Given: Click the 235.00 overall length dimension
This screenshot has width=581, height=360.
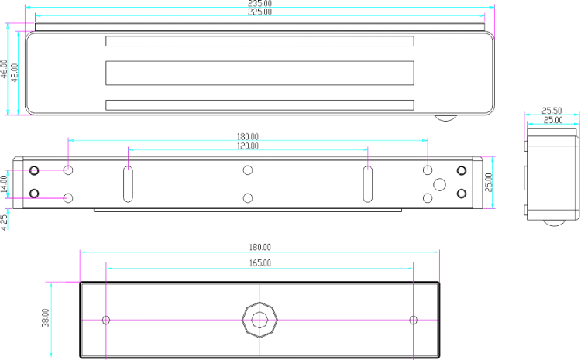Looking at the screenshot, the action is [x=260, y=3].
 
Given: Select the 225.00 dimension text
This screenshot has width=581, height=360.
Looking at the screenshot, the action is [x=260, y=12].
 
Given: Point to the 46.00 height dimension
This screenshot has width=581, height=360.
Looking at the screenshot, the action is [x=4, y=69].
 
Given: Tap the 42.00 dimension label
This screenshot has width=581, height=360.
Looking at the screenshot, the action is [x=15, y=73].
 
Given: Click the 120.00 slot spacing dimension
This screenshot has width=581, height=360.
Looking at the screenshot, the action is [x=248, y=146].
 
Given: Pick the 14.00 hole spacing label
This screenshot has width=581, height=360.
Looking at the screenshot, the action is [x=4, y=184].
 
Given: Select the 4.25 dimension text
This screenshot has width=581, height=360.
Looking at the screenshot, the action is [x=4, y=223].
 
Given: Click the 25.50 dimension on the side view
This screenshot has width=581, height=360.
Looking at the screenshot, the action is [x=552, y=111].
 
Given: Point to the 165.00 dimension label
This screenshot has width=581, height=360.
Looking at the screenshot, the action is [x=260, y=263].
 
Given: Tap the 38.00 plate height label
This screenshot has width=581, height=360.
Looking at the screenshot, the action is [x=45, y=317].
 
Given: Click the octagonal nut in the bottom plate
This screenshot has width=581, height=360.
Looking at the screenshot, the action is [x=260, y=320].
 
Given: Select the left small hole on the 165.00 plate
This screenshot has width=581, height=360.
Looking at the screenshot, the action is [x=106, y=320].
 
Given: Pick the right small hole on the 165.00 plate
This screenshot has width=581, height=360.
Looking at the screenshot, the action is [x=414, y=320].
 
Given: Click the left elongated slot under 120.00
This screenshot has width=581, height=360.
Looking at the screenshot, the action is [x=128, y=184].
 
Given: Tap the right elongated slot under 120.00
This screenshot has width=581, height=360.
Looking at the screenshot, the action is [x=367, y=184].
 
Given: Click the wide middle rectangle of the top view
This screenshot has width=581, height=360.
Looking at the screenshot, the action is [x=260, y=73].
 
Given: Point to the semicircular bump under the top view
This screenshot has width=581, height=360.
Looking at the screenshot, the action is [x=445, y=118].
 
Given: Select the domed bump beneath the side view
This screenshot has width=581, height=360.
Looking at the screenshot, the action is [x=555, y=223].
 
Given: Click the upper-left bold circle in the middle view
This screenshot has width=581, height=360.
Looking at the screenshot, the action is [x=34, y=171].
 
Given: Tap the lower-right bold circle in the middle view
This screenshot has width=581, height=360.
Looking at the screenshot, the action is [x=462, y=194].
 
